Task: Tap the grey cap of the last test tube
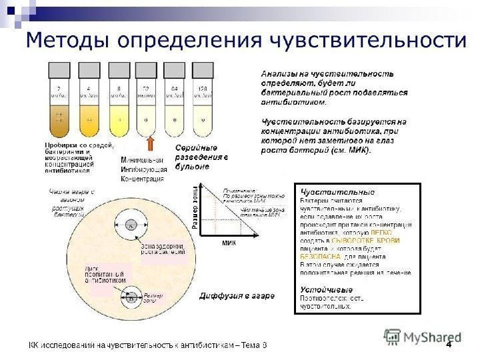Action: [x=201, y=69]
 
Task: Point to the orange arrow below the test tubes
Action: [x=151, y=144]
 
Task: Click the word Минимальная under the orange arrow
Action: [x=142, y=161]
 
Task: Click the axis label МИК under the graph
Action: [x=229, y=244]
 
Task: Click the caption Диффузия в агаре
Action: [x=231, y=295]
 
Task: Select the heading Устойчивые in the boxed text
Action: [x=326, y=290]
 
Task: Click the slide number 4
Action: [x=449, y=345]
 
